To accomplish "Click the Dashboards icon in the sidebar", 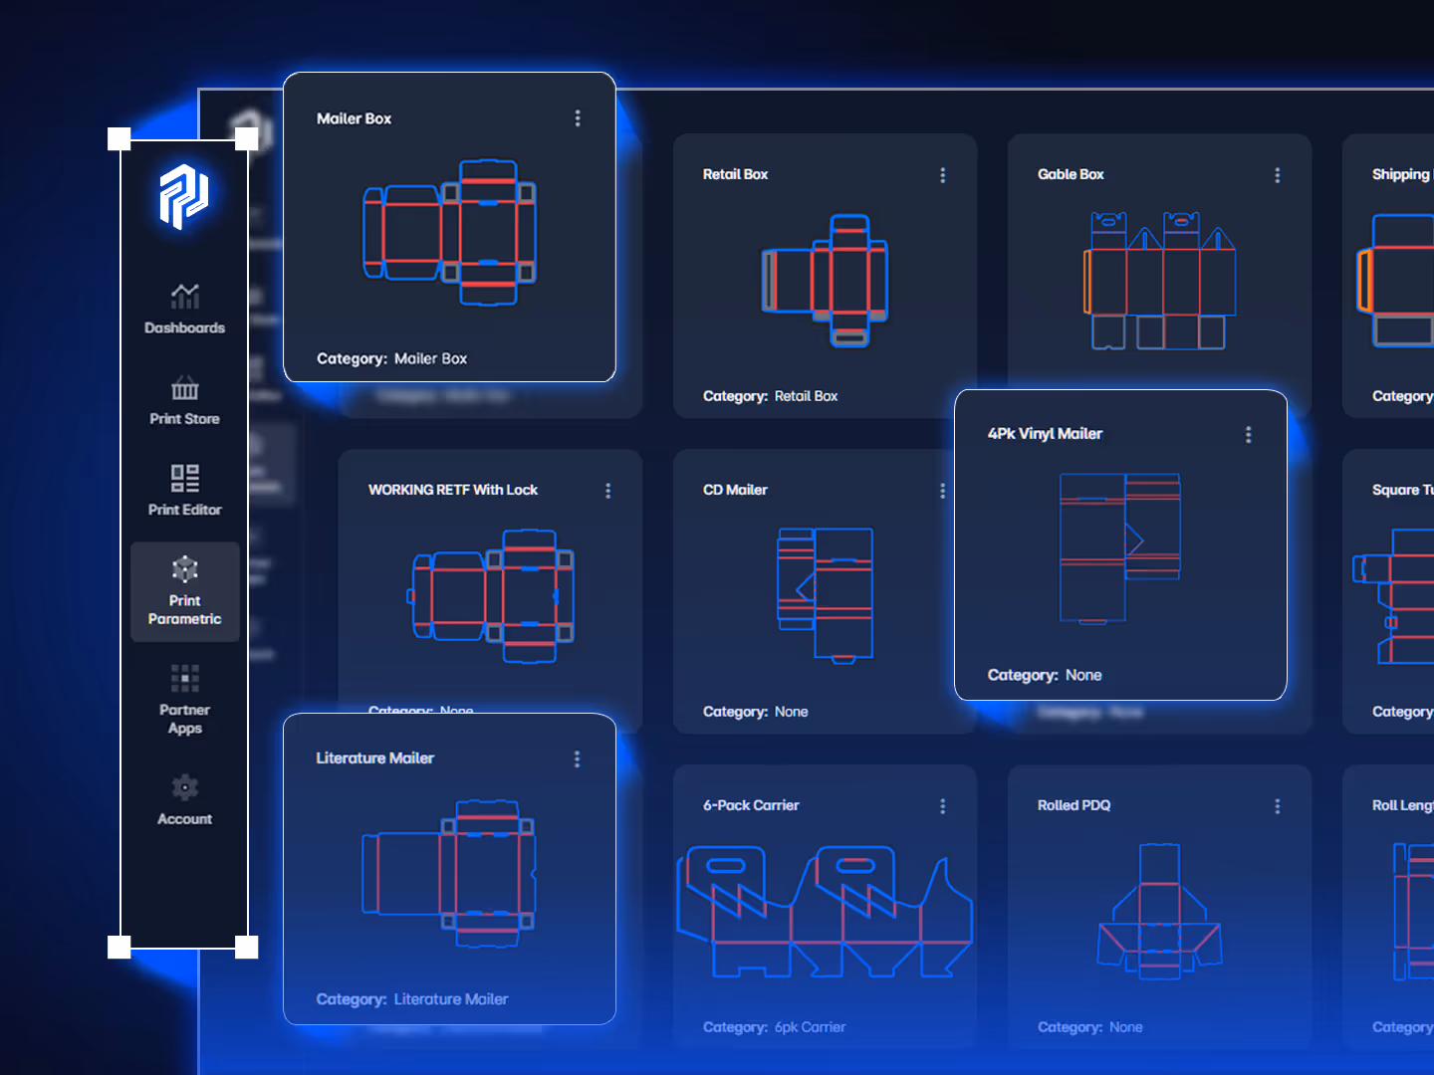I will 185,296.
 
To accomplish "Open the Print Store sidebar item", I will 185,387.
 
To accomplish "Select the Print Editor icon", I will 185,478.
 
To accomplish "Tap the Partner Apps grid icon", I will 185,678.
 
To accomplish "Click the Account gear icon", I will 185,787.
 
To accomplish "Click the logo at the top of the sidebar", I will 184,195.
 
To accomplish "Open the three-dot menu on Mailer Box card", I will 578,118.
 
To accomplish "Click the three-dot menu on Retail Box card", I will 943,175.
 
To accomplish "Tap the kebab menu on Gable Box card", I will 1278,175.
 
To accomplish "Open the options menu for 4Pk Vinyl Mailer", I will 1249,435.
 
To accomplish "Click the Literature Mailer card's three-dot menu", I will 577,759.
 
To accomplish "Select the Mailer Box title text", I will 354,118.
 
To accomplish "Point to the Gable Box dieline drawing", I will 1159,281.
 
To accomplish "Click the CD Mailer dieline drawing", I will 826,594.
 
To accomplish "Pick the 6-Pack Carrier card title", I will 751,805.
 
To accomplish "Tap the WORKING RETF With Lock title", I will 453,490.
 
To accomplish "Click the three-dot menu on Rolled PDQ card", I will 1278,806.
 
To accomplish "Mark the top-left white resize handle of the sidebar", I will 119,138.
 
